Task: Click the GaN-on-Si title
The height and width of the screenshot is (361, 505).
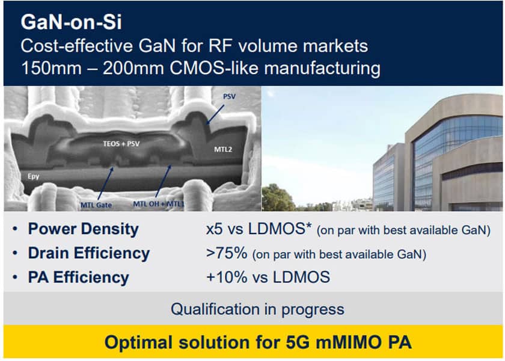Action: pos(71,22)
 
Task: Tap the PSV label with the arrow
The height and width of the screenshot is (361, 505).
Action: pos(229,96)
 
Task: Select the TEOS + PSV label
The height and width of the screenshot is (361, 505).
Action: pos(121,144)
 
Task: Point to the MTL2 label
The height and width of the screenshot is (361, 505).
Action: pos(223,149)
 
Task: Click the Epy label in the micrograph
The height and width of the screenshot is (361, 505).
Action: pos(33,176)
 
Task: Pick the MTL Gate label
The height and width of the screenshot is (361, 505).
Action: pos(96,205)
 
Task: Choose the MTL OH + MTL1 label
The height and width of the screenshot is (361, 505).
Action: pos(159,204)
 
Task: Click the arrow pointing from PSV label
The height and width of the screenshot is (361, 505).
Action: pos(215,114)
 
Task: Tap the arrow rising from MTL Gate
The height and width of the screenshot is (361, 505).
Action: pos(105,183)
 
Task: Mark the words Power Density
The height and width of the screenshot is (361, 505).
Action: pos(84,229)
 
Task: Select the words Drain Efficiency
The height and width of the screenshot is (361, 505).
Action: pos(89,253)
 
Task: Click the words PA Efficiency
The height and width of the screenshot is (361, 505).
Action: pos(79,277)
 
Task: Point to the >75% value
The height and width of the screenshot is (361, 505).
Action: pos(227,253)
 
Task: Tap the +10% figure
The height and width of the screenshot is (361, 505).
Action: pos(227,277)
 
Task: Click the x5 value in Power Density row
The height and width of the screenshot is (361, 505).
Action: pos(214,229)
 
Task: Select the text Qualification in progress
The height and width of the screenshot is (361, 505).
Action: pos(257,309)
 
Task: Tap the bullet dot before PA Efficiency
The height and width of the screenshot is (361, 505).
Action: pos(15,277)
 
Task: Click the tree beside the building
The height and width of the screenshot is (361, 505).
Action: pos(277,197)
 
